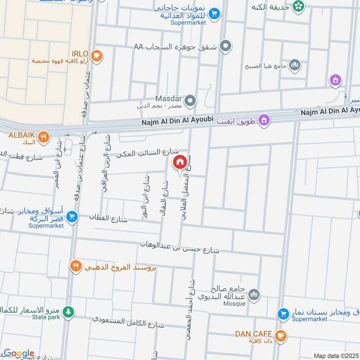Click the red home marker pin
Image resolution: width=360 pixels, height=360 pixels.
[x=180, y=162]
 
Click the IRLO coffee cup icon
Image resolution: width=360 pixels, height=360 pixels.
[x=96, y=56]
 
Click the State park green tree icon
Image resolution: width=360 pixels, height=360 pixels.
[x=68, y=311]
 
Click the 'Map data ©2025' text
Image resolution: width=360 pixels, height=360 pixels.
[x=336, y=355]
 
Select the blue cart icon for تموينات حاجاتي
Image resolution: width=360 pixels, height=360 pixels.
[x=214, y=14]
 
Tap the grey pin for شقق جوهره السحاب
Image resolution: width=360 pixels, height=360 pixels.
[x=227, y=46]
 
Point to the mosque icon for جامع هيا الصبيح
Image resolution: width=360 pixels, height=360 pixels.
[x=295, y=66]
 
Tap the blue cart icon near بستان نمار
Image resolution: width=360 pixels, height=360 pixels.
[x=283, y=313]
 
